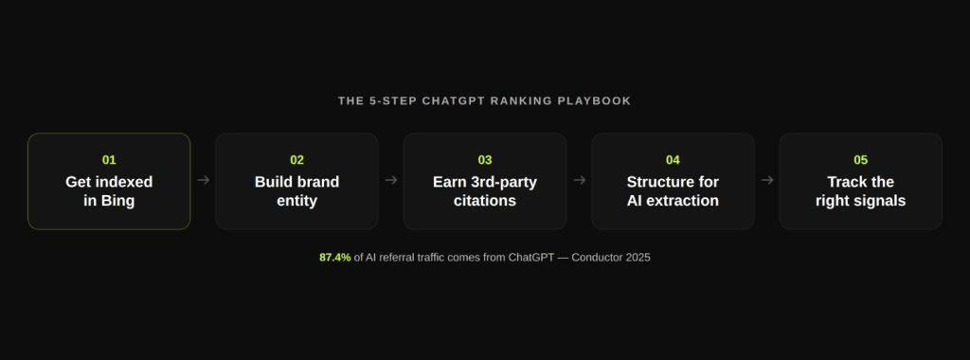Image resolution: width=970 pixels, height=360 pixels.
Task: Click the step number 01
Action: click(x=109, y=160)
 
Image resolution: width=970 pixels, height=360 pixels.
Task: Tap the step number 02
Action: click(x=296, y=160)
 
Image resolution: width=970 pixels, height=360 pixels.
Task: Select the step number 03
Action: click(x=485, y=160)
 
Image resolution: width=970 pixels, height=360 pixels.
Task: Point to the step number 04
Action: click(x=673, y=160)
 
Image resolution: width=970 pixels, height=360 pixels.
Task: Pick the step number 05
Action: click(x=860, y=160)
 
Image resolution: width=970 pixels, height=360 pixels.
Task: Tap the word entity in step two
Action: click(x=296, y=201)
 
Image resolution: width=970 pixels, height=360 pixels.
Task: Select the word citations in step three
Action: click(x=485, y=201)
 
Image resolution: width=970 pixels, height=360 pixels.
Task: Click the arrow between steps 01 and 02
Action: click(x=203, y=180)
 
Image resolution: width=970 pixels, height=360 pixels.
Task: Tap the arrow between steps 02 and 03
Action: click(x=390, y=180)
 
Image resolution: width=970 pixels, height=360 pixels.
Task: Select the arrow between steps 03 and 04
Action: click(x=579, y=180)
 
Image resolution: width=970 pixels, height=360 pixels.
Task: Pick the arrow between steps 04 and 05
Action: click(x=766, y=180)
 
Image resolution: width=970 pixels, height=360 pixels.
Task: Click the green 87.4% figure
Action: click(x=335, y=257)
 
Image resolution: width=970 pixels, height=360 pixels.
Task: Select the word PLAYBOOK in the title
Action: click(x=597, y=100)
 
